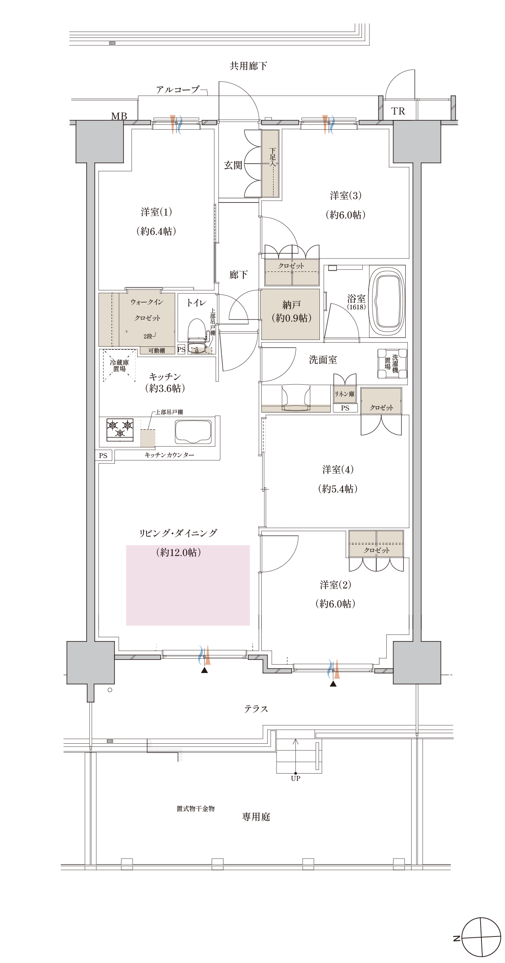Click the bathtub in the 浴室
(x=387, y=301)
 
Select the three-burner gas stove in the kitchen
(x=120, y=430)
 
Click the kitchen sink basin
(x=193, y=431)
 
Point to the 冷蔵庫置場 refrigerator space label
(x=120, y=365)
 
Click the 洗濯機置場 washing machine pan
(x=392, y=364)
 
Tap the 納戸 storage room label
(x=292, y=304)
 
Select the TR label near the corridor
(x=398, y=111)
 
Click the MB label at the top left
(x=119, y=116)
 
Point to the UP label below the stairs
(x=295, y=778)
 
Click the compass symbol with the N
(x=481, y=938)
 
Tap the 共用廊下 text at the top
(x=248, y=66)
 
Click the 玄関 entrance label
(x=233, y=165)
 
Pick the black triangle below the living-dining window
(x=205, y=670)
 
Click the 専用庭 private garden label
(x=256, y=817)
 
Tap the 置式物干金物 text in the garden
(x=196, y=809)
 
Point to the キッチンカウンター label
(x=170, y=455)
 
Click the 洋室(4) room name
(x=338, y=469)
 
